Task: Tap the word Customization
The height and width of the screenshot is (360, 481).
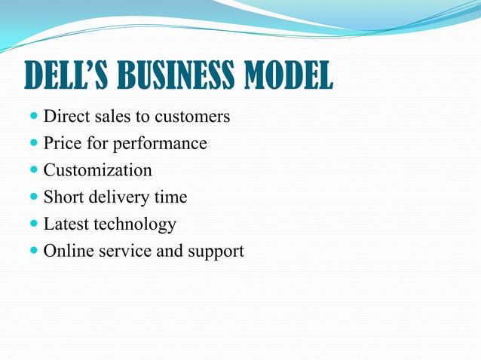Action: (97, 170)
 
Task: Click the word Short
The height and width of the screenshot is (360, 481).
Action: (63, 197)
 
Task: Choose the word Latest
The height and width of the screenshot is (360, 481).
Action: (66, 224)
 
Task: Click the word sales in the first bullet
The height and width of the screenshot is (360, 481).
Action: (109, 117)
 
